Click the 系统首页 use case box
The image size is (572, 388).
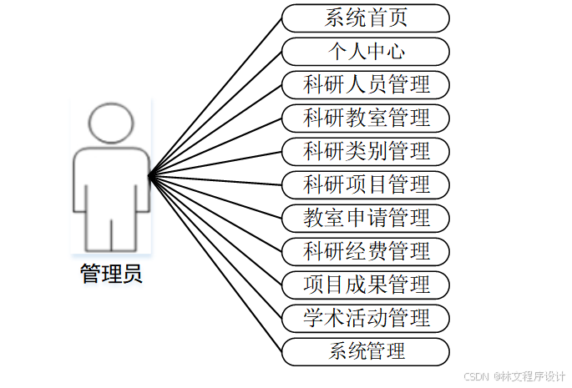(x=366, y=18)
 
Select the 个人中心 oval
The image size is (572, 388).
(x=366, y=51)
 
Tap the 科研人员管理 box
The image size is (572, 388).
(x=366, y=84)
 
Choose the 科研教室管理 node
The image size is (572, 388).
(x=366, y=118)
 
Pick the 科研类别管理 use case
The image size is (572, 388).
(x=366, y=151)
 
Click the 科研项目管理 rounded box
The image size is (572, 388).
(x=366, y=184)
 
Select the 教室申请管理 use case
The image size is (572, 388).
(x=366, y=218)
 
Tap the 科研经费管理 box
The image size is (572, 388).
(x=366, y=251)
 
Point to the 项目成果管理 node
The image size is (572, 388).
(x=366, y=285)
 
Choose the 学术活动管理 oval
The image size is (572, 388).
(x=366, y=318)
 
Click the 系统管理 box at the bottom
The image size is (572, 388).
(x=366, y=351)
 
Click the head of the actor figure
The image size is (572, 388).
(x=111, y=123)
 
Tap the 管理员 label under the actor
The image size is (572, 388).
(x=111, y=275)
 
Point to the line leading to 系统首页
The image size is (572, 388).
(x=215, y=97)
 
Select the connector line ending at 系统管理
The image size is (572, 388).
(x=215, y=264)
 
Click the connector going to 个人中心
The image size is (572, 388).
(x=215, y=113)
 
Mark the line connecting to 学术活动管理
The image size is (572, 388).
(x=215, y=247)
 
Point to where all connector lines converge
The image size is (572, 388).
(x=149, y=176)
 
